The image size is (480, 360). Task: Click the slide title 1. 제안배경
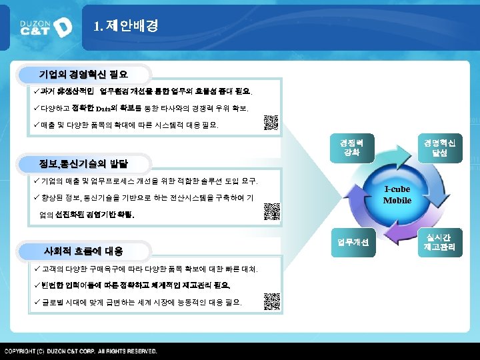point(126,26)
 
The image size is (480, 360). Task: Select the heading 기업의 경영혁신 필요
point(83,74)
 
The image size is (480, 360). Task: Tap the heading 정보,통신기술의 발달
point(84,163)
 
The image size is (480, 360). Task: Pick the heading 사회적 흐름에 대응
point(83,251)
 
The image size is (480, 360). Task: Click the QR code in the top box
point(270,123)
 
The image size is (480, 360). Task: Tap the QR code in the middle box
point(270,211)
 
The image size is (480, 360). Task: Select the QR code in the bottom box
point(270,300)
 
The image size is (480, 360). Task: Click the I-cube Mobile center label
point(397,195)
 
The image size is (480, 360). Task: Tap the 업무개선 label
point(352,242)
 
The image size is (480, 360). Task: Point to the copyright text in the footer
point(81,351)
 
